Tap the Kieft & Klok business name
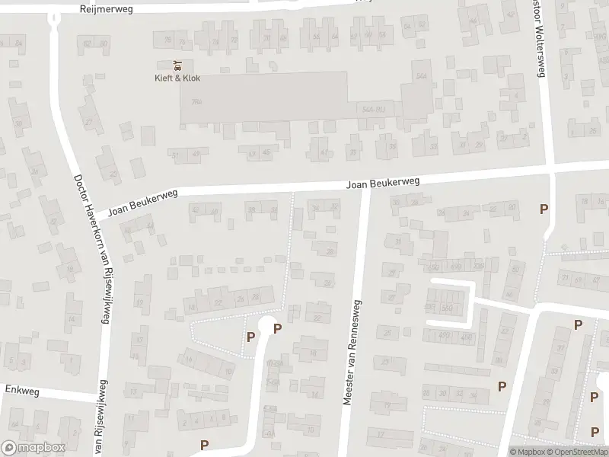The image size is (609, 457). click(177, 78)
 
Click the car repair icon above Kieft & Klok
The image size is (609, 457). click(177, 66)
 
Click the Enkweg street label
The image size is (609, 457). click(21, 389)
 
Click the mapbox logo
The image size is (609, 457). click(33, 448)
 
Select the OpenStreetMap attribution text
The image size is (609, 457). click(579, 452)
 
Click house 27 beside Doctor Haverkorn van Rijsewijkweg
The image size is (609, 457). click(89, 122)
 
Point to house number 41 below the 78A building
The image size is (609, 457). click(323, 152)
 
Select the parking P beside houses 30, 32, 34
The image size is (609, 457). click(501, 386)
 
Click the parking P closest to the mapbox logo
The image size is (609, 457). click(203, 445)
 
